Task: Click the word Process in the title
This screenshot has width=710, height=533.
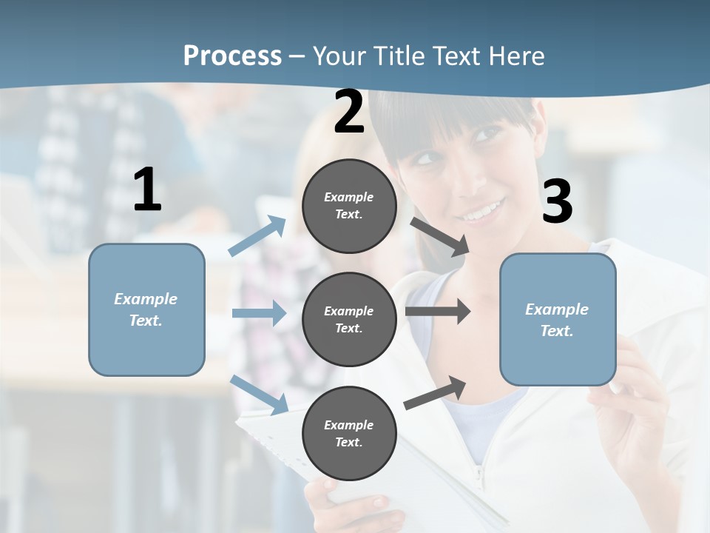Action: [x=232, y=56]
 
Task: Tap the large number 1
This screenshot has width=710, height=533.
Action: [x=147, y=190]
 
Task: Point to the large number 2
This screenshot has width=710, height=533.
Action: [x=349, y=112]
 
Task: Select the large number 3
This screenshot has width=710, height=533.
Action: [x=557, y=201]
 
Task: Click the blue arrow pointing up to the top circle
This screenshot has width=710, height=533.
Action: [x=258, y=236]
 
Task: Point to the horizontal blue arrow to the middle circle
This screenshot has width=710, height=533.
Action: [x=259, y=313]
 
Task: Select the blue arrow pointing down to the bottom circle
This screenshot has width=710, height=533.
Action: [x=260, y=394]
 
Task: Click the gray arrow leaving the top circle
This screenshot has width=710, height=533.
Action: [x=439, y=236]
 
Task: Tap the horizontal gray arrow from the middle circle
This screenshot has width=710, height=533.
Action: [x=438, y=311]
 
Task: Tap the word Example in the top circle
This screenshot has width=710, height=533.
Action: [x=348, y=197]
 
